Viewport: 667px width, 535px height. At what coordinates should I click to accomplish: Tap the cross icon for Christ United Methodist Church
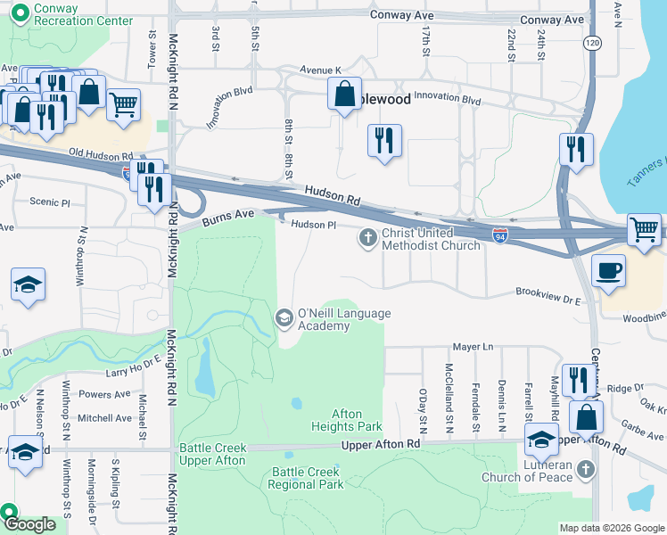click(x=366, y=237)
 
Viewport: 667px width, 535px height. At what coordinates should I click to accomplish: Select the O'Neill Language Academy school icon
click(x=284, y=317)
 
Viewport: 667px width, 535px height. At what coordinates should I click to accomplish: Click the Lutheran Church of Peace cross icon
click(x=585, y=468)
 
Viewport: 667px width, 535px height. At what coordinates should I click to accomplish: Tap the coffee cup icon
click(x=608, y=270)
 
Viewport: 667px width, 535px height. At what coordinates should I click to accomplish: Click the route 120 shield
click(x=591, y=42)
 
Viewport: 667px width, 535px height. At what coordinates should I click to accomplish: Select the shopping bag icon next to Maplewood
click(x=344, y=93)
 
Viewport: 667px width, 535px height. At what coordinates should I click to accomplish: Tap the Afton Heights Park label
click(x=357, y=420)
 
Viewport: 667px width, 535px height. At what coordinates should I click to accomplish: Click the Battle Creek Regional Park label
click(x=306, y=478)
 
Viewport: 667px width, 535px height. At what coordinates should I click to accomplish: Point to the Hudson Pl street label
click(x=312, y=226)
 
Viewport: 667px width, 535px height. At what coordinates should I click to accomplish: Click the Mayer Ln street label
click(x=473, y=346)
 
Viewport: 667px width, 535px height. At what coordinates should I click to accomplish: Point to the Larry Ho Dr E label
click(x=134, y=360)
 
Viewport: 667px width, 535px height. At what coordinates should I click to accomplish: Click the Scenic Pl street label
click(x=50, y=202)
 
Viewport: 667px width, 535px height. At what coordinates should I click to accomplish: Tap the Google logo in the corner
click(x=29, y=524)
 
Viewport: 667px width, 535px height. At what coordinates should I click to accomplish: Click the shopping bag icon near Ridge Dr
click(x=586, y=416)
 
